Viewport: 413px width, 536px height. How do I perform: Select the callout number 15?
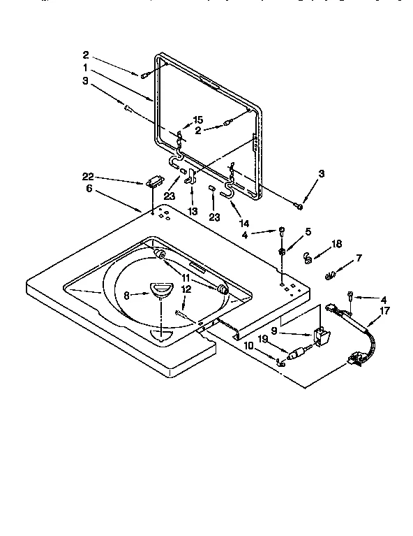click(197, 120)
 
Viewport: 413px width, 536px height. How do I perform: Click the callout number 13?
click(193, 210)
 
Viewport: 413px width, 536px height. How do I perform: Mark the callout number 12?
click(186, 289)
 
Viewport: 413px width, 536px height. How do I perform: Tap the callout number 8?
click(127, 295)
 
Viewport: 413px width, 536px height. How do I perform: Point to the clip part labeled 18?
click(306, 259)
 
